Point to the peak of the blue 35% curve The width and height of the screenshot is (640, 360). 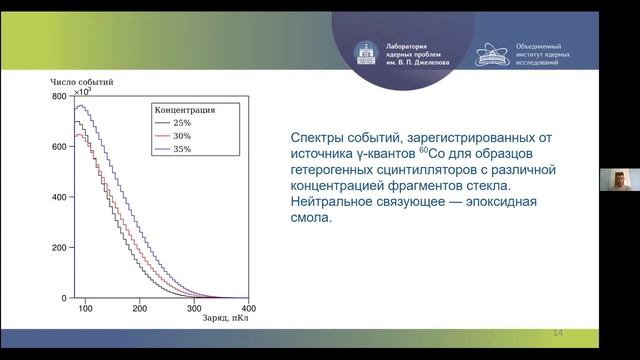tap(84, 106)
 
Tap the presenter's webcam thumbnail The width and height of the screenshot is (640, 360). tap(619, 180)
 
